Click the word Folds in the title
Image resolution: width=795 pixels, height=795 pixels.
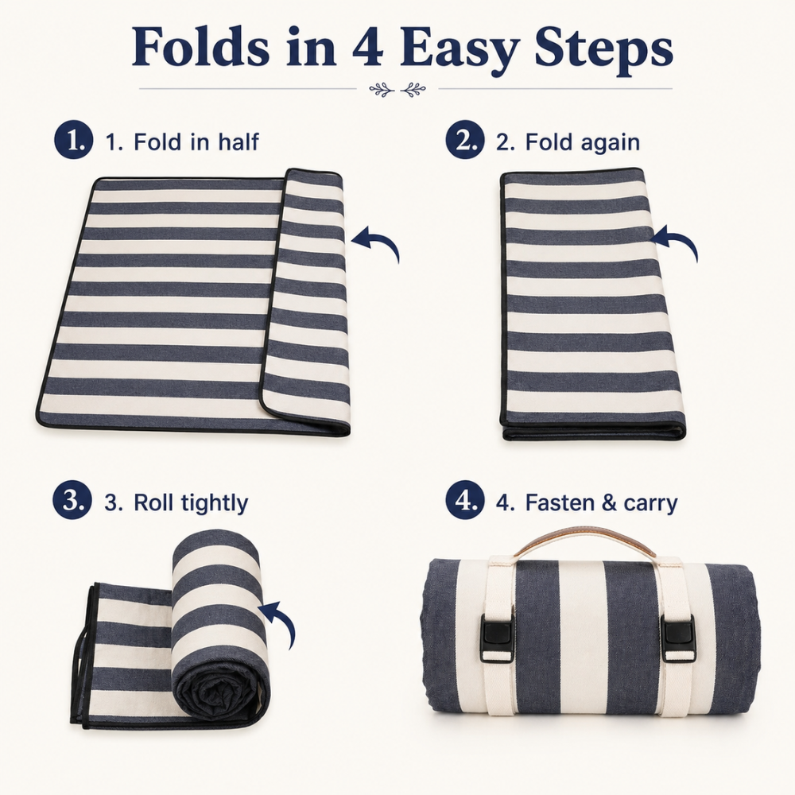[x=201, y=47]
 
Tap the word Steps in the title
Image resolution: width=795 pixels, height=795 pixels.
[x=604, y=51]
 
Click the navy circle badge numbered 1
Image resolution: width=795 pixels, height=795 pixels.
[x=74, y=141]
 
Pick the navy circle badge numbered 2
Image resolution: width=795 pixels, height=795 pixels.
[x=465, y=141]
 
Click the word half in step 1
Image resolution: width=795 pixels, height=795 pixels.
[x=238, y=142]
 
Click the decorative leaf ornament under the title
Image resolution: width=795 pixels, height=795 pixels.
[x=397, y=90]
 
